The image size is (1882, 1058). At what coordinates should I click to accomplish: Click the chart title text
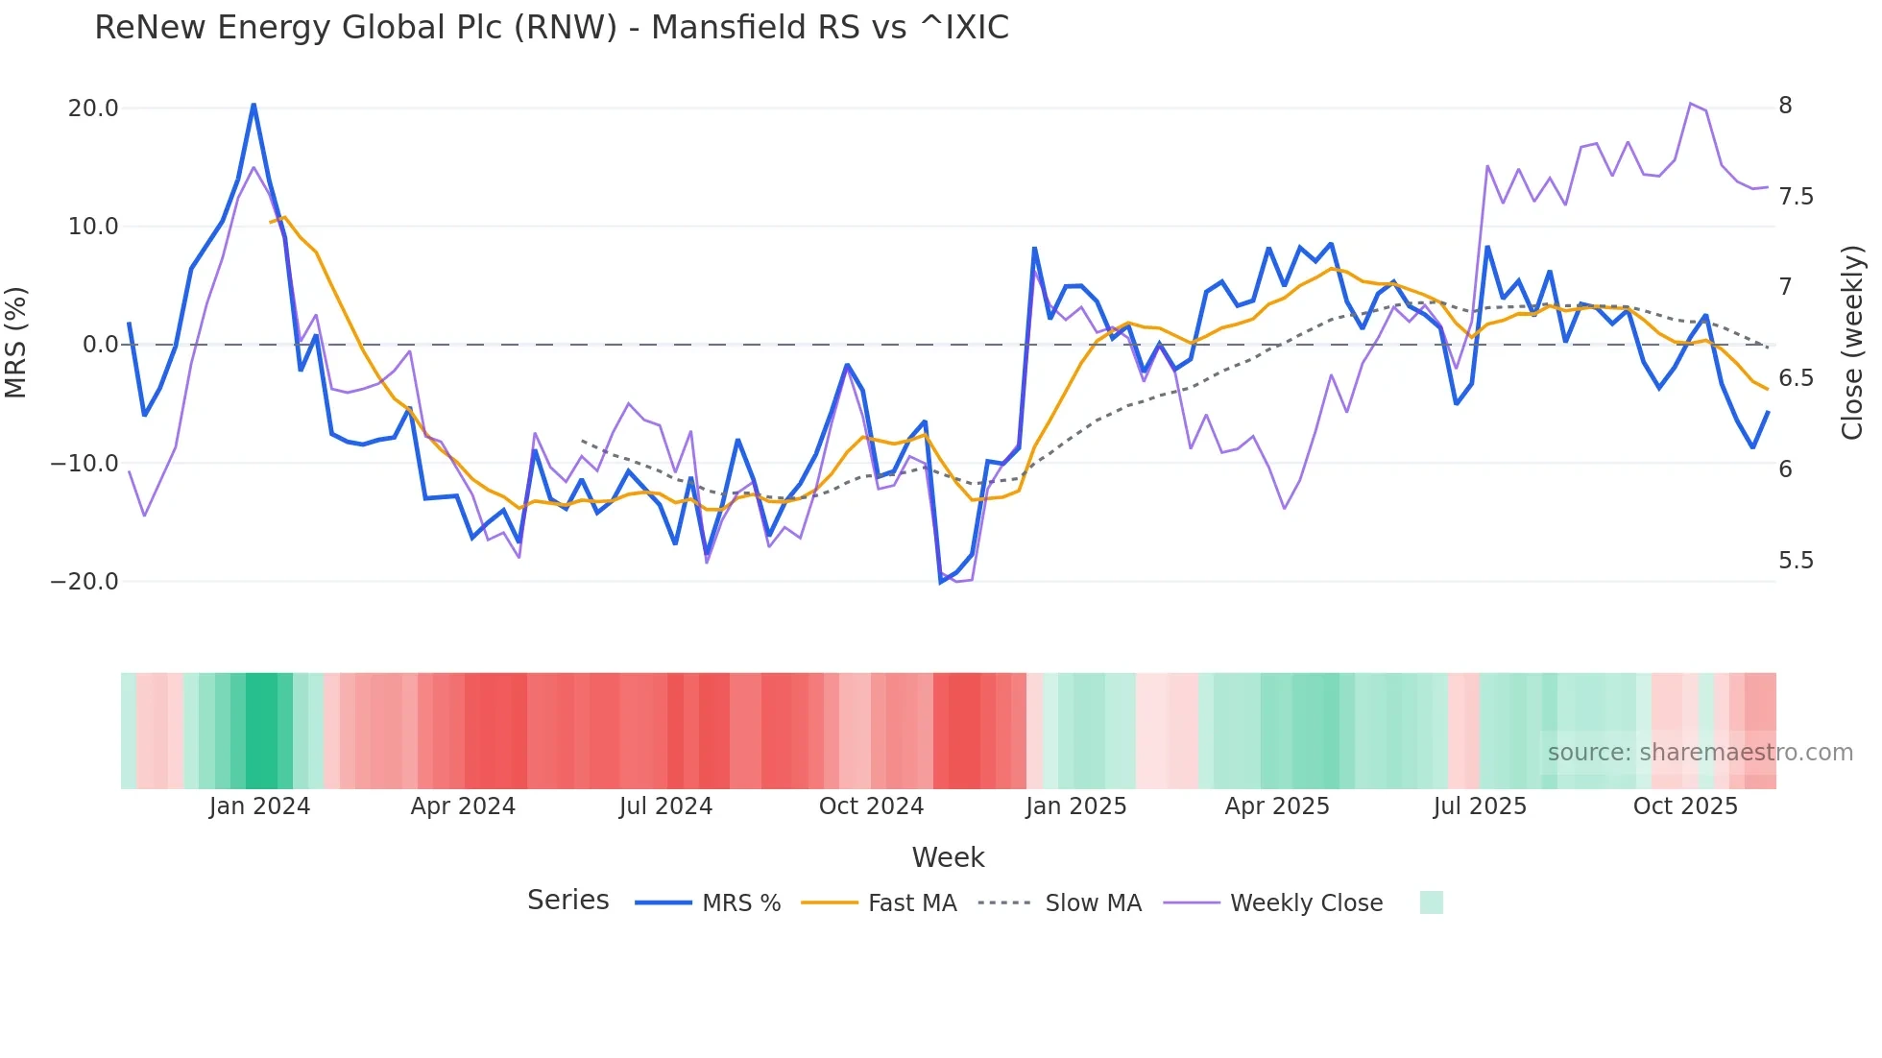coord(551,28)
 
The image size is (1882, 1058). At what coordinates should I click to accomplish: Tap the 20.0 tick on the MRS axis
coord(93,108)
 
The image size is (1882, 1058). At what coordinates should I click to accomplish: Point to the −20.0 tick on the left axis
coord(84,582)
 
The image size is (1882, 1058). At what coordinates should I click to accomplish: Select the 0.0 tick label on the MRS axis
coord(100,345)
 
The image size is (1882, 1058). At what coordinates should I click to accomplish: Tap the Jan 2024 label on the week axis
coord(259,806)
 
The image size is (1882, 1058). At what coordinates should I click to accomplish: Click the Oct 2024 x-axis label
coord(871,806)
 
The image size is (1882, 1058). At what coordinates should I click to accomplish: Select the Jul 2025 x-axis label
coord(1480,806)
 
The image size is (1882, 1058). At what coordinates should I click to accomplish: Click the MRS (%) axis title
coord(16,342)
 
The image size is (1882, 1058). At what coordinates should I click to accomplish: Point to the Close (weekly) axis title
coord(1852,342)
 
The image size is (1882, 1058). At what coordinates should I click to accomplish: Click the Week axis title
coord(948,857)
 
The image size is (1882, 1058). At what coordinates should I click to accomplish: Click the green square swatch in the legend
coord(1431,902)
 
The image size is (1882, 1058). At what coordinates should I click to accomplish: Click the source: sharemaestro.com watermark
coord(1700,753)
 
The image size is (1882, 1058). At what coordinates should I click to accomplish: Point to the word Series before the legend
coord(567,901)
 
